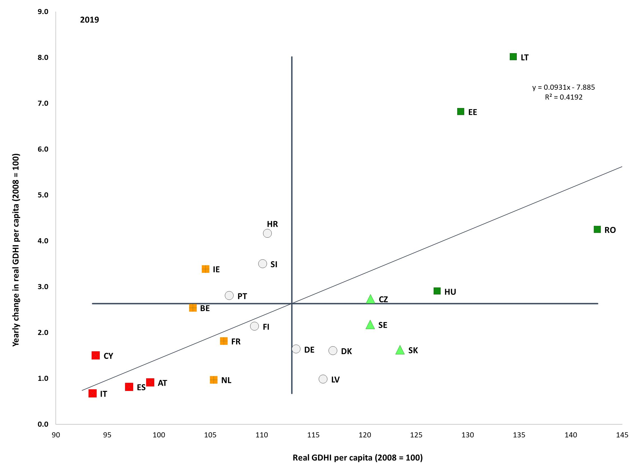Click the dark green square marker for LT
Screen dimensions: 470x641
(513, 57)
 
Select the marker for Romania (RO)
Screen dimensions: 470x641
(597, 229)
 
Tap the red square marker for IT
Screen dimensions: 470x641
(92, 393)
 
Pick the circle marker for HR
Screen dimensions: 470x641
(267, 233)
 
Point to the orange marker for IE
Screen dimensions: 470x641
(205, 269)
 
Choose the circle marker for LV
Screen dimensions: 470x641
(323, 379)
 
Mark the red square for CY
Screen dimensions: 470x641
(96, 355)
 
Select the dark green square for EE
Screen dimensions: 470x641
(461, 112)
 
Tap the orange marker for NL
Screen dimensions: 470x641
(214, 380)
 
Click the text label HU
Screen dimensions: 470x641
(450, 292)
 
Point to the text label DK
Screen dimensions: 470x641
(346, 351)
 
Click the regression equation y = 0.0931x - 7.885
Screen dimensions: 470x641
(563, 87)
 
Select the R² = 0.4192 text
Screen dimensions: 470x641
(563, 97)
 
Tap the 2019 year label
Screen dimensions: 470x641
(89, 20)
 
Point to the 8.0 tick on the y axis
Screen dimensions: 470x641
(43, 57)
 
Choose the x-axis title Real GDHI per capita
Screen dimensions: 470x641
(358, 457)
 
